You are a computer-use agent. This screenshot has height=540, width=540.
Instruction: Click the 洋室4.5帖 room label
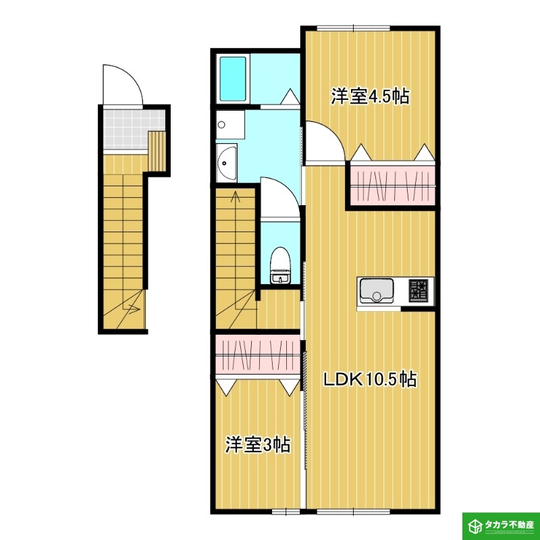click(370, 97)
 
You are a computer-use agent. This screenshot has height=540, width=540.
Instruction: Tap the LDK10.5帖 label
click(369, 379)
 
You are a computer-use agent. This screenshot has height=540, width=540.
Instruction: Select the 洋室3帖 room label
click(258, 445)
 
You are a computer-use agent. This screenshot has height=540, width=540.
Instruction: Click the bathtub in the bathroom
click(233, 79)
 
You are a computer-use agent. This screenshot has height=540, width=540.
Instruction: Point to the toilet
click(280, 265)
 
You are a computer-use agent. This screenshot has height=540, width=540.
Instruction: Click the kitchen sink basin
click(377, 291)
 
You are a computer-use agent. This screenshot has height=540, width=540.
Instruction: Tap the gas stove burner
click(418, 291)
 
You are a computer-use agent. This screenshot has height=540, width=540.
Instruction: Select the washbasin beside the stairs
click(226, 163)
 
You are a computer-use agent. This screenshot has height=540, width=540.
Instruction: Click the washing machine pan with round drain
click(230, 124)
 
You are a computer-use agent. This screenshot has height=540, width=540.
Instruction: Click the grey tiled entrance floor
click(126, 129)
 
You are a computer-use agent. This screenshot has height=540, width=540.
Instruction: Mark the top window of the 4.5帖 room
click(353, 28)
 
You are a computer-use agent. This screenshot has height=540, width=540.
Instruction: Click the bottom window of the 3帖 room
click(286, 512)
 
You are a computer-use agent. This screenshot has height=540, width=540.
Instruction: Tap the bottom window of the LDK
click(353, 512)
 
